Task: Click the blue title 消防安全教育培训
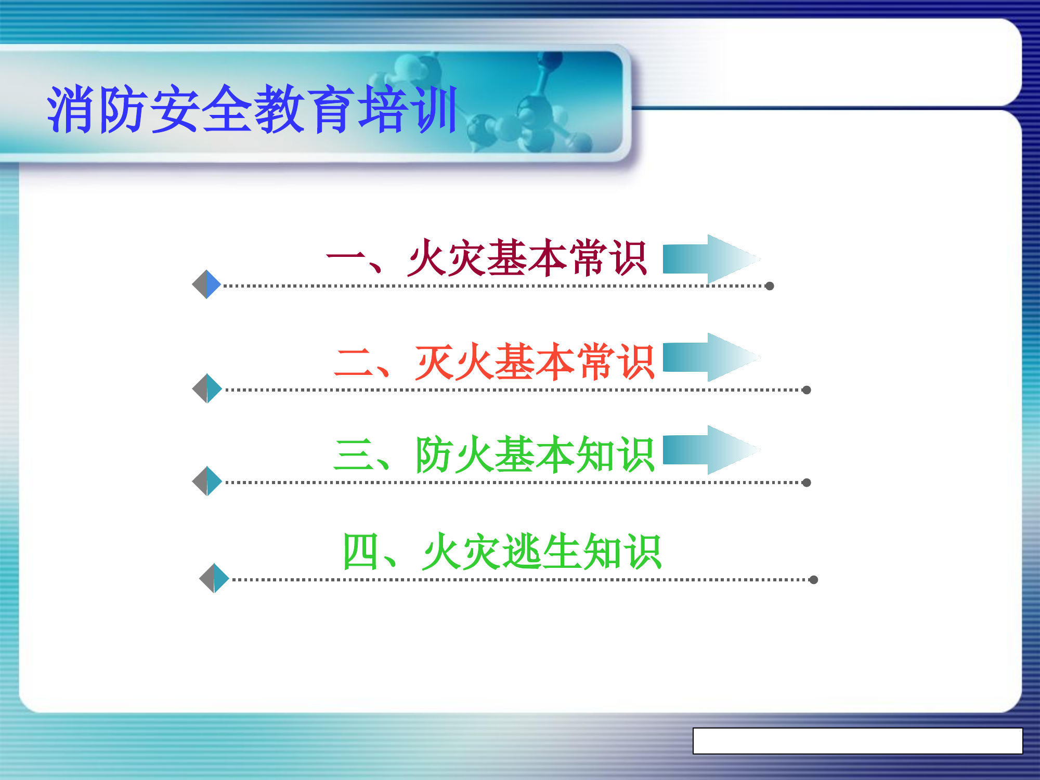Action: pyautogui.click(x=252, y=109)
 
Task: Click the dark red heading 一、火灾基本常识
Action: pyautogui.click(x=486, y=258)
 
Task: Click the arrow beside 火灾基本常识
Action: pyautogui.click(x=710, y=259)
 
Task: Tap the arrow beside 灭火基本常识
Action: pyautogui.click(x=710, y=357)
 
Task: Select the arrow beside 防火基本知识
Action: pyautogui.click(x=710, y=450)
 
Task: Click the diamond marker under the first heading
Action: pyautogui.click(x=207, y=284)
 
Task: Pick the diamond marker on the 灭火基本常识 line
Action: pyautogui.click(x=207, y=388)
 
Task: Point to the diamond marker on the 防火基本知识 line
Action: pyautogui.click(x=207, y=481)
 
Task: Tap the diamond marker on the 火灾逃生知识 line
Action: pyautogui.click(x=214, y=578)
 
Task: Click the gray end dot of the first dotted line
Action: pyautogui.click(x=770, y=286)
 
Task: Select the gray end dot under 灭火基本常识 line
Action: pyautogui.click(x=807, y=390)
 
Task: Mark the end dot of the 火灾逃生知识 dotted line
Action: pyautogui.click(x=814, y=580)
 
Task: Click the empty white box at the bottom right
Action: pyautogui.click(x=857, y=741)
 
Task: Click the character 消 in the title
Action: pyautogui.click(x=70, y=109)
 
